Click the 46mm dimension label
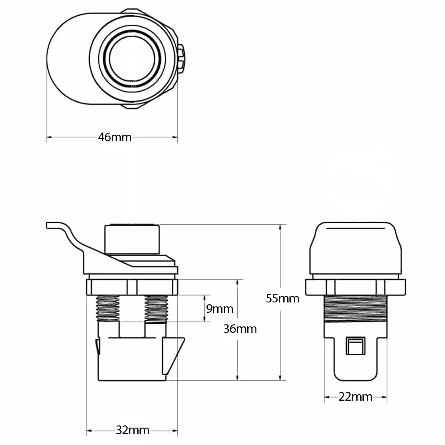(x=115, y=137)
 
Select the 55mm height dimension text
(x=282, y=299)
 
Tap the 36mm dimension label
(x=240, y=329)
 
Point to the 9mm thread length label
(x=219, y=309)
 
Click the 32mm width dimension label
(x=133, y=430)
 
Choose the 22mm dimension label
(x=355, y=396)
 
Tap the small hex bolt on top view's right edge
(x=181, y=58)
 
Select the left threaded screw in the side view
(x=108, y=308)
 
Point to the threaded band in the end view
(x=355, y=308)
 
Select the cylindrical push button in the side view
(x=132, y=238)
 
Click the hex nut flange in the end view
(x=355, y=287)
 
